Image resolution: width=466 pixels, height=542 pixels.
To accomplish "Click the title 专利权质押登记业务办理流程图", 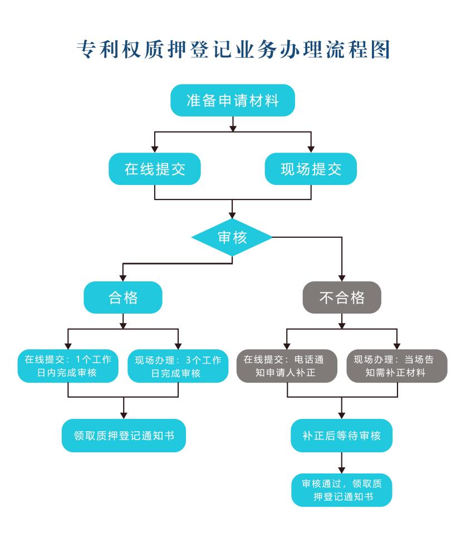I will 232,50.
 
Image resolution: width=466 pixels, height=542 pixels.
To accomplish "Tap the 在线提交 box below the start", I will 154,169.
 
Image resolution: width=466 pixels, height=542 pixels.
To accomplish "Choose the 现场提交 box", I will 311,169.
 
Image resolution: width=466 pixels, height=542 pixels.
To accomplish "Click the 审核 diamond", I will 232,237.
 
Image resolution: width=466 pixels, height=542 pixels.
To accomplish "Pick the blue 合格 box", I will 123,297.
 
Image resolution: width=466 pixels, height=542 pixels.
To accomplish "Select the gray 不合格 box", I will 342,297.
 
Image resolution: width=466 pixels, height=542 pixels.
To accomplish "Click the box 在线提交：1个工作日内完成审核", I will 68,366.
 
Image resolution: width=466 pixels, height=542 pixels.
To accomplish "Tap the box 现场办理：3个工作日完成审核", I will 178,366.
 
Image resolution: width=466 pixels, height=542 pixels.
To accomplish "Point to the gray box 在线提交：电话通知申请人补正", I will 287,366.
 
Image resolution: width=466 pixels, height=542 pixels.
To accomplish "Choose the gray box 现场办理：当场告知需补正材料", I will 397,366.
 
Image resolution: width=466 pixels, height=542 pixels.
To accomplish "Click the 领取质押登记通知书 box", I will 123,435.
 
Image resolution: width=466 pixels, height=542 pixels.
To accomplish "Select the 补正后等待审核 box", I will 342,435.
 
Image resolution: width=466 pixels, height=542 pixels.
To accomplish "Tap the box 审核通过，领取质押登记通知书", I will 342,490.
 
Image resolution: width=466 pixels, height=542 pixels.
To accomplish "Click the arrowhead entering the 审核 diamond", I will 232,216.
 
